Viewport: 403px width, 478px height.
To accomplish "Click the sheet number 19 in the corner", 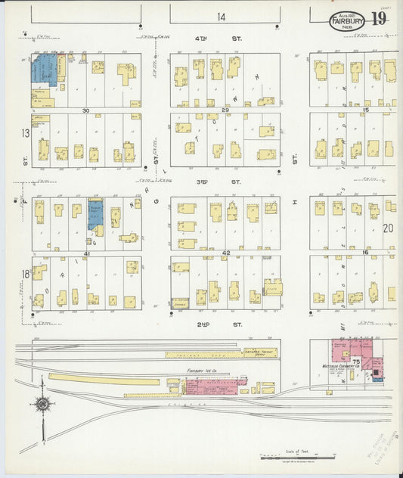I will tap(378, 19).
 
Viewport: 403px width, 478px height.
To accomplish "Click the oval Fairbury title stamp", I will tap(347, 22).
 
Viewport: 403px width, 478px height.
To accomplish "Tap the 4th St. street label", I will tap(221, 38).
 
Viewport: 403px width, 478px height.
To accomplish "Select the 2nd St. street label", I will tap(221, 324).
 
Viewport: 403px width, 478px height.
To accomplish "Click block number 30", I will tap(86, 110).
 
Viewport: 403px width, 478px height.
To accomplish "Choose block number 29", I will tap(225, 110).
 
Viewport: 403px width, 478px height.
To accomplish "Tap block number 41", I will tap(86, 254).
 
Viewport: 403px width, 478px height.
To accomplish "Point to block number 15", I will tap(366, 110).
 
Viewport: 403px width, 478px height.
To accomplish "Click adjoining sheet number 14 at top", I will tap(221, 16).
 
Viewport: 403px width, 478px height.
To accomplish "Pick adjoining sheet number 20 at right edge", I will tap(389, 228).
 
